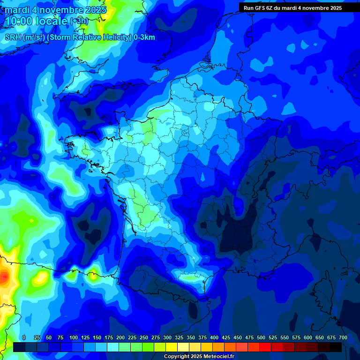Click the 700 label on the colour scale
pos(343,337)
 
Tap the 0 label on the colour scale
pos(24,337)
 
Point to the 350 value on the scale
pos(191,337)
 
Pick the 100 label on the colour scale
pos(74,337)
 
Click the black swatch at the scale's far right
pos(336,347)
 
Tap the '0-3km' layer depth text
pos(144,37)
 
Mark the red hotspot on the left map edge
pos(4,278)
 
